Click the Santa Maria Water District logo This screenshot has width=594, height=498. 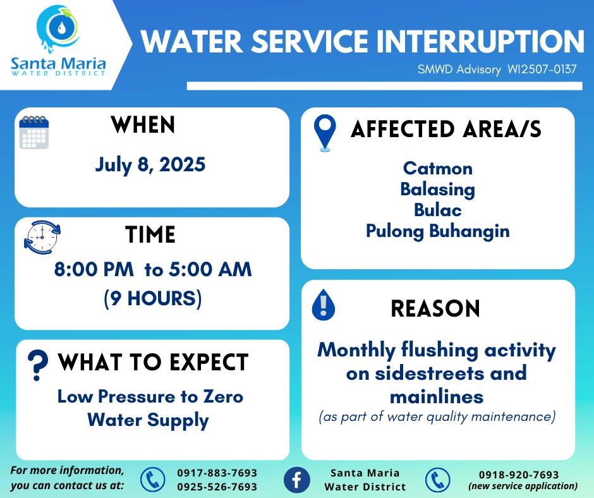(58, 40)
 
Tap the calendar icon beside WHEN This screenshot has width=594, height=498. (34, 132)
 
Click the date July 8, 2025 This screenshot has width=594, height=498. (150, 165)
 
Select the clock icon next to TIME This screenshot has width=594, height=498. (42, 237)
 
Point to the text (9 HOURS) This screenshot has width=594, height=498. (153, 298)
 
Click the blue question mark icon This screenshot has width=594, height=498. (37, 365)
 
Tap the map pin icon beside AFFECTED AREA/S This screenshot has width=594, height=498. (325, 133)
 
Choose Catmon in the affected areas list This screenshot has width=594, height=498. (437, 168)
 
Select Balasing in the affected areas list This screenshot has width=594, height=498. (437, 190)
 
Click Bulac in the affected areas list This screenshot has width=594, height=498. (437, 210)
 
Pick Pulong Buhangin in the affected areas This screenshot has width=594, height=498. (437, 231)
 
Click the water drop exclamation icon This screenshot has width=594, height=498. (323, 305)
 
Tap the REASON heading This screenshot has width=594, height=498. (435, 308)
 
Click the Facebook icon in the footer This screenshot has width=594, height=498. (296, 480)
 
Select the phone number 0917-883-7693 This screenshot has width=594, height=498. (217, 473)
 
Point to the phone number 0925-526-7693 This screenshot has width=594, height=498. (217, 487)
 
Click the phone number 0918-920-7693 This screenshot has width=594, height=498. (519, 475)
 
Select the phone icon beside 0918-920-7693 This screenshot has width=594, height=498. (437, 480)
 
